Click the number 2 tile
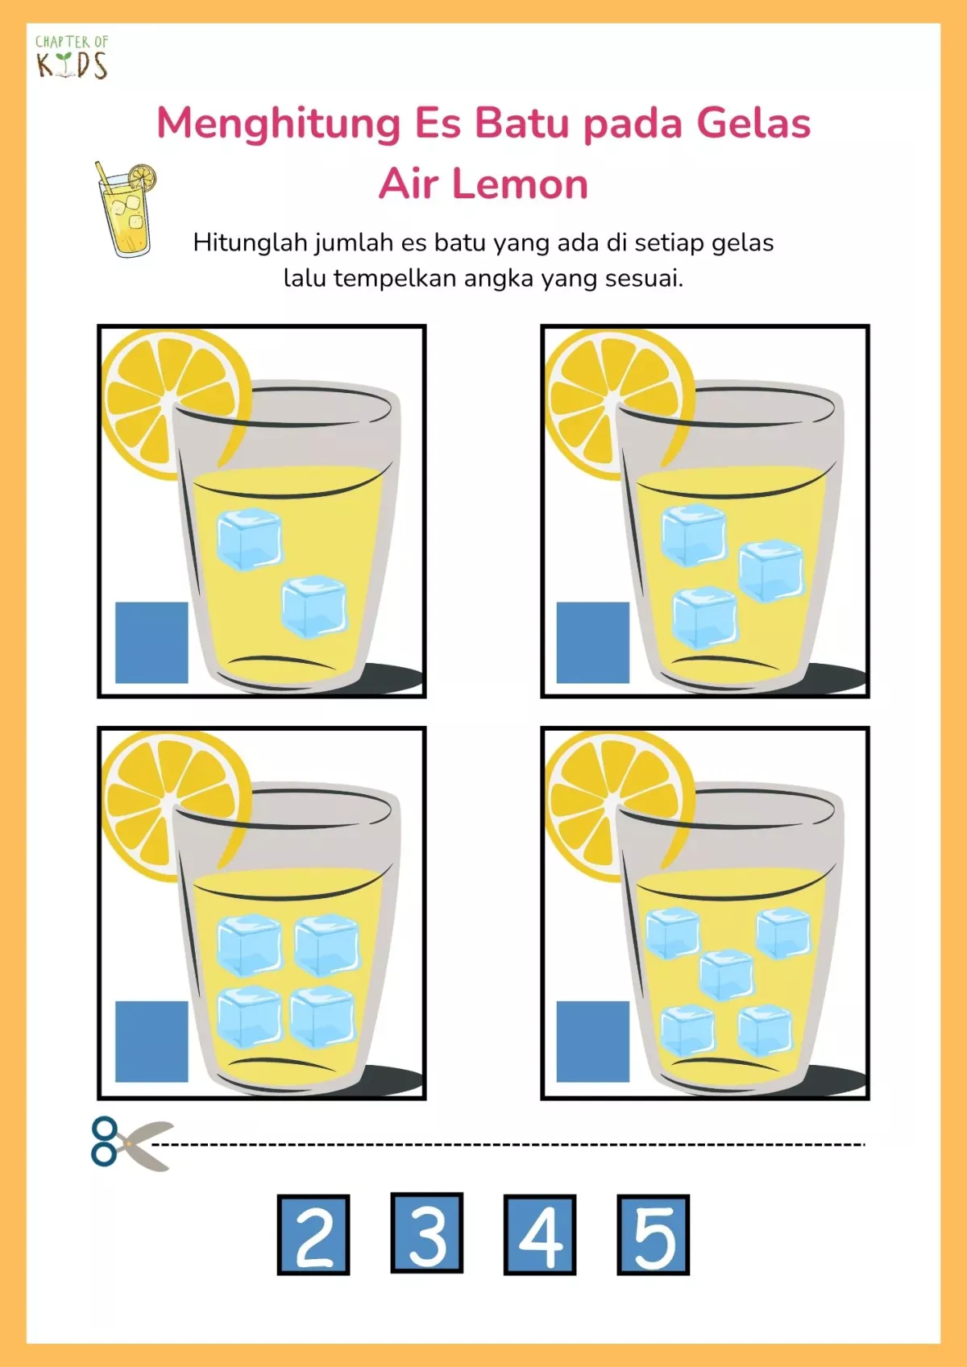pos(313,1235)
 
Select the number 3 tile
pos(427,1232)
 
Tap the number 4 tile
pos(540,1235)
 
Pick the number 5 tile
pos(654,1235)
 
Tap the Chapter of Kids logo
pos(72,56)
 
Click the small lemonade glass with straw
pos(125,209)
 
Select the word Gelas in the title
pos(754,123)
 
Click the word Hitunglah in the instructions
pos(251,243)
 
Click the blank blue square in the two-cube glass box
pos(152,643)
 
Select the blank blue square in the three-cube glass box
pos(593,643)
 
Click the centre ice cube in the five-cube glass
pos(727,976)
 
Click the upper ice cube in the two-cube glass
pos(250,539)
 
